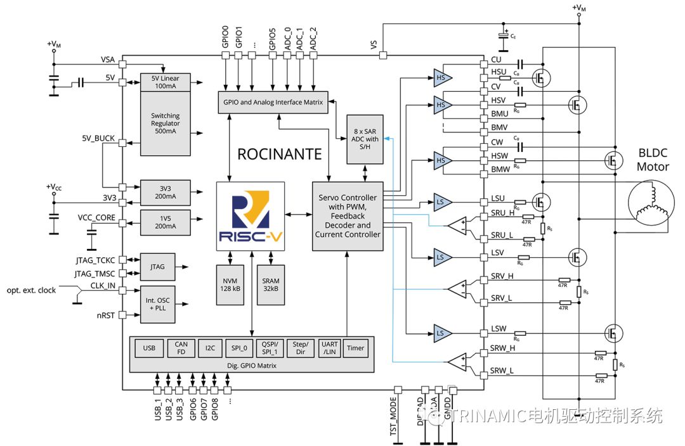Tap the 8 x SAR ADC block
click(x=364, y=139)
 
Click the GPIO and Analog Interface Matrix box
click(x=272, y=102)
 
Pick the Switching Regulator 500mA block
click(x=165, y=123)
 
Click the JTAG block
click(x=157, y=267)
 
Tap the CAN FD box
click(x=181, y=348)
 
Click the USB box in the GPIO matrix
click(x=149, y=348)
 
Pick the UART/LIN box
click(x=330, y=348)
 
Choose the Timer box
click(x=356, y=348)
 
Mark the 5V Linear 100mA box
click(x=165, y=82)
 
